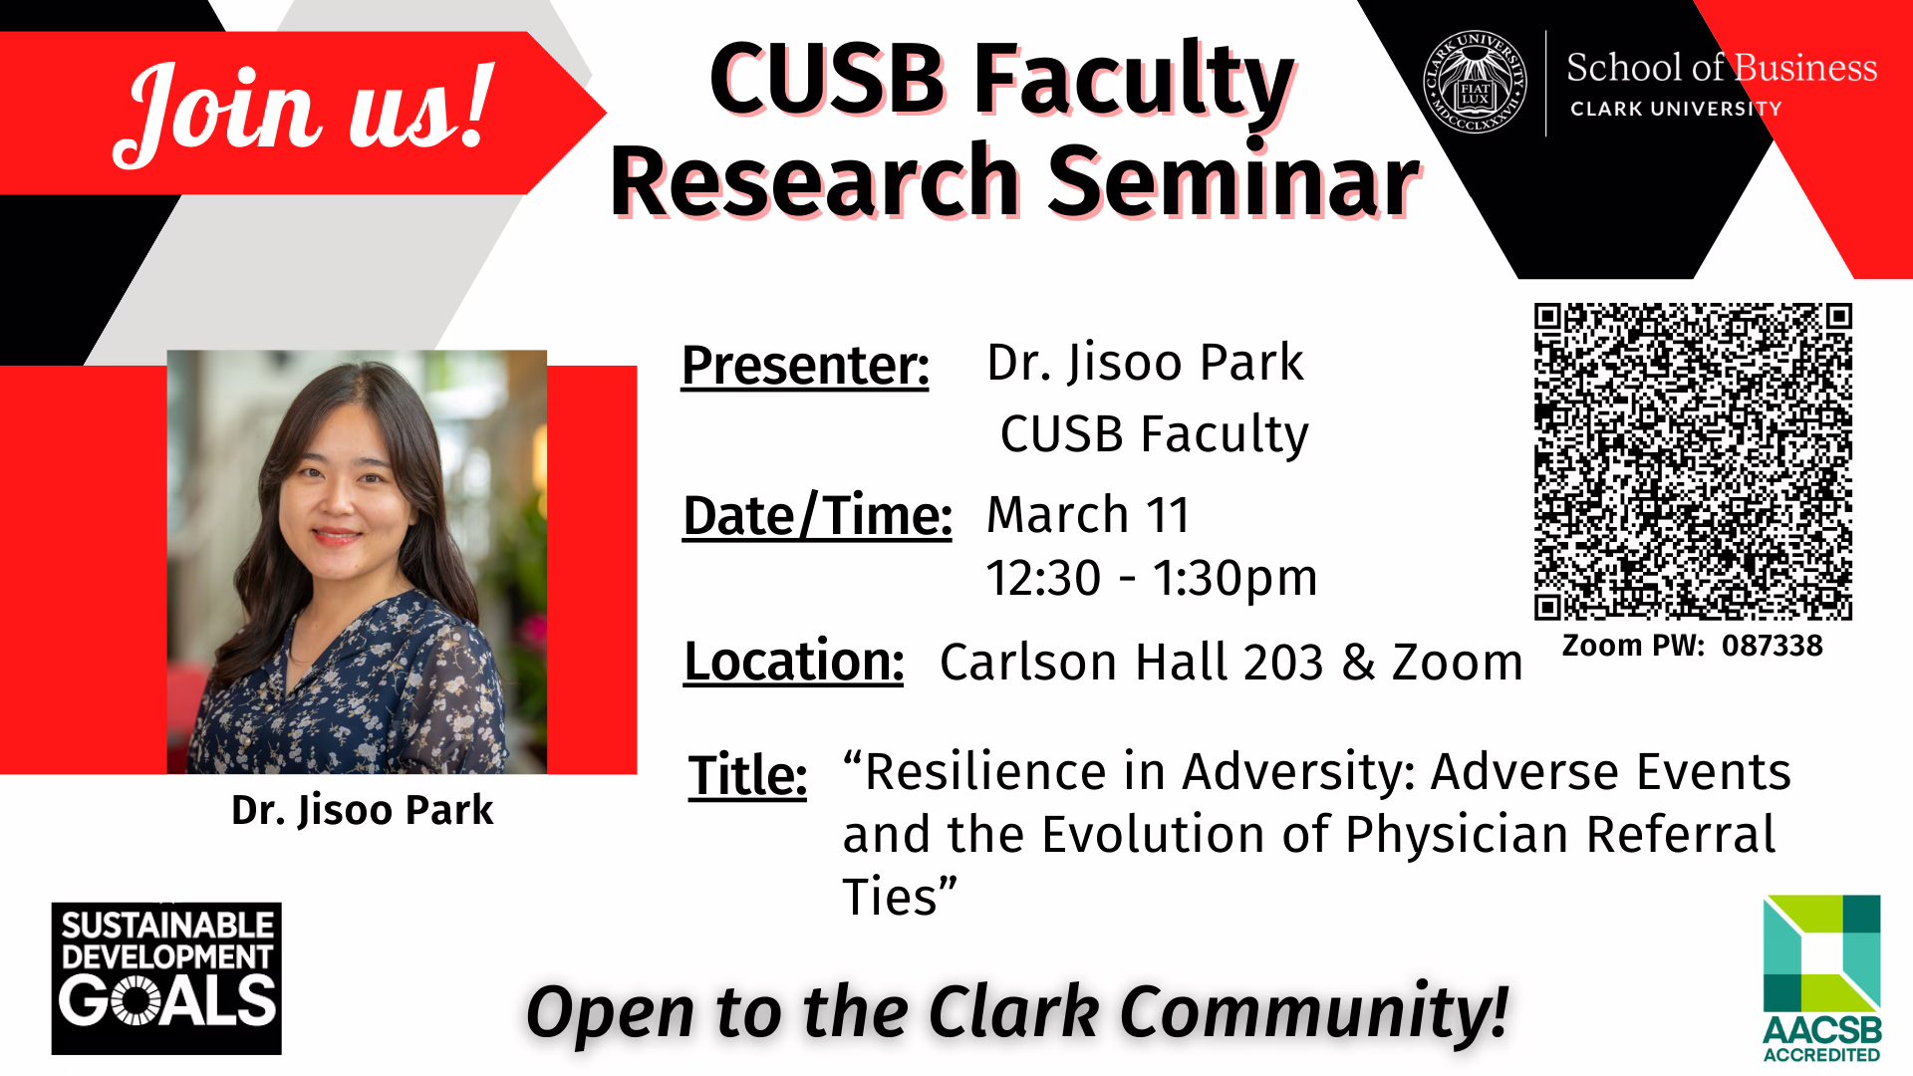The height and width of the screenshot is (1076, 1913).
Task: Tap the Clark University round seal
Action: click(x=1475, y=83)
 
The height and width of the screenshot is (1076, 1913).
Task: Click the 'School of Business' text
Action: click(x=1721, y=68)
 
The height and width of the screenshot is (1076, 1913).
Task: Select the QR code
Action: click(x=1692, y=461)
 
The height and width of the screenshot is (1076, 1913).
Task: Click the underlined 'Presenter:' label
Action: click(x=805, y=365)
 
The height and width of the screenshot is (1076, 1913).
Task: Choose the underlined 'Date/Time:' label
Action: click(x=817, y=516)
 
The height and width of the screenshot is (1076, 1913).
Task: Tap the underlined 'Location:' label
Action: click(x=793, y=662)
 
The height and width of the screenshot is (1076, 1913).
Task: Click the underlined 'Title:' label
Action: click(x=747, y=775)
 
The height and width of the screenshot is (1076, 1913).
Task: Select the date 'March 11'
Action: click(x=1088, y=515)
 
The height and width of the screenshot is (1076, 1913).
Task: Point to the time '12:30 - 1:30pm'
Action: click(x=1151, y=578)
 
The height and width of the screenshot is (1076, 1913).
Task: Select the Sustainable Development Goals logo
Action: click(x=166, y=978)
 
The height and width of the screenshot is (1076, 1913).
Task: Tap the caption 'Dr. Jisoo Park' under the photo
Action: click(x=362, y=810)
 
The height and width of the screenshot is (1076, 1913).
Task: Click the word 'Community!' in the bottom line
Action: click(x=1314, y=1012)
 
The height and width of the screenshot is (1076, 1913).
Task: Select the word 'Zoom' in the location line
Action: click(x=1457, y=663)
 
